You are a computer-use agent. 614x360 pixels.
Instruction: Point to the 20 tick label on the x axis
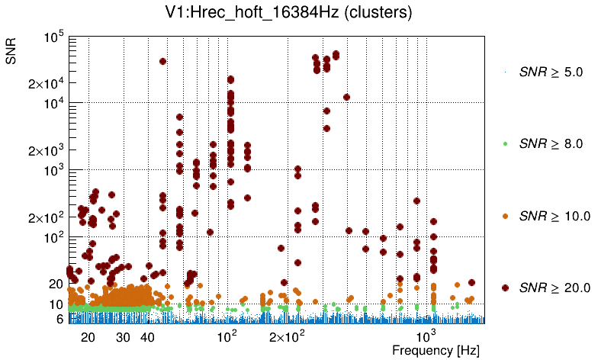click(88, 336)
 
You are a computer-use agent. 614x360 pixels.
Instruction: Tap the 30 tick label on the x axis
click(123, 336)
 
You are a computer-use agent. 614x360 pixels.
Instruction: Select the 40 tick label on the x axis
click(147, 336)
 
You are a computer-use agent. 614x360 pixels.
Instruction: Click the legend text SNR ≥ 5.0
click(551, 73)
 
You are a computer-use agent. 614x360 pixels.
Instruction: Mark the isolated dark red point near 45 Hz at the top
click(162, 61)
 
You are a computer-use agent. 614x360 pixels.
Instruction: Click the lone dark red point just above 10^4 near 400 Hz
click(346, 97)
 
